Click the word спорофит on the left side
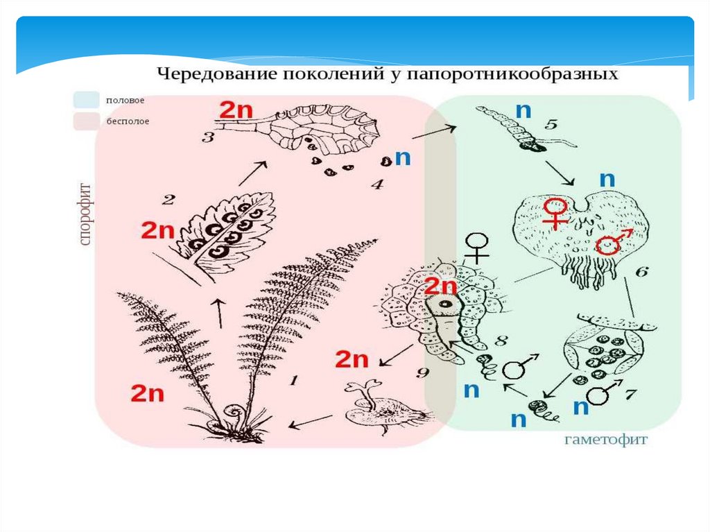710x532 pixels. coord(85,214)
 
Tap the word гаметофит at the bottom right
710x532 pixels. coord(606,439)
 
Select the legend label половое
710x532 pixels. coord(125,100)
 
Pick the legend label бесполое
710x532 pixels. coord(128,121)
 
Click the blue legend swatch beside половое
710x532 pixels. coord(87,100)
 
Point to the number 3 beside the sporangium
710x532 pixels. coord(208,137)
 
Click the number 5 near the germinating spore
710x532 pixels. coord(551,123)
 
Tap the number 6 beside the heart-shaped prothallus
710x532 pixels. coord(641,272)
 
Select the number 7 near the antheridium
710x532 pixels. coord(631,394)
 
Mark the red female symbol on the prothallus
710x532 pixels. coord(555,213)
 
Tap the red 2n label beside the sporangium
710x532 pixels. coord(236,110)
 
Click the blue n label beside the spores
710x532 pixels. coord(403,157)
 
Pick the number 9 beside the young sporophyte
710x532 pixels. coord(422,372)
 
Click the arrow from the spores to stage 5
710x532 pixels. coord(434,132)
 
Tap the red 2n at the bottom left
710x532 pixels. coord(147,393)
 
